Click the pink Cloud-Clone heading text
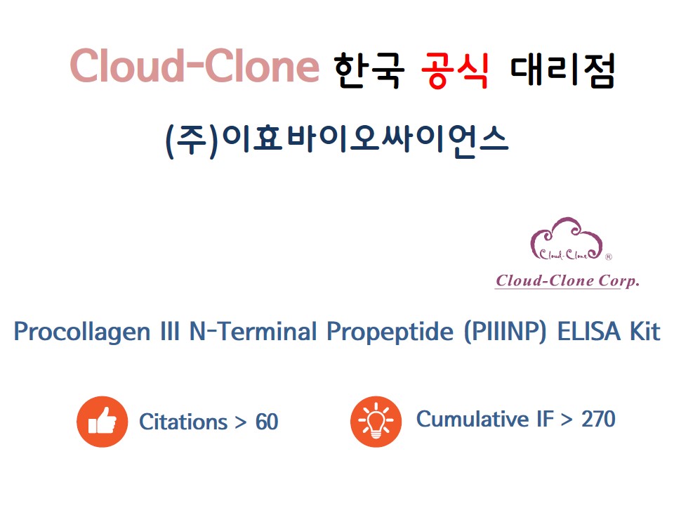point(194,66)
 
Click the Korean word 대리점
point(562,70)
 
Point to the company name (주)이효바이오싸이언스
point(337,141)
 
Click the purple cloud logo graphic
point(566,239)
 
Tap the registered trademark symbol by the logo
point(608,257)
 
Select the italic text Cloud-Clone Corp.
point(567,281)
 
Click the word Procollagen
point(82,332)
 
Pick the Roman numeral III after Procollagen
point(169,331)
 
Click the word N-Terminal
point(253,331)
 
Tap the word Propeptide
point(390,332)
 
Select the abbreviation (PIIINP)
point(505,332)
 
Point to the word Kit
point(645,331)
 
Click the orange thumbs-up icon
point(103,422)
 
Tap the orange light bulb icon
point(376,422)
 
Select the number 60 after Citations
point(267,422)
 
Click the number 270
point(598,419)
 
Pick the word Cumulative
point(473,419)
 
